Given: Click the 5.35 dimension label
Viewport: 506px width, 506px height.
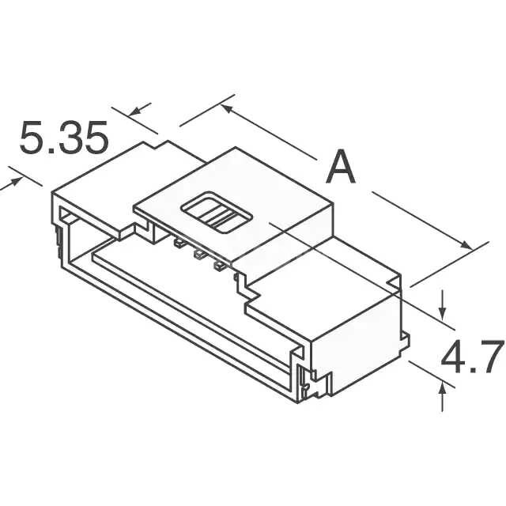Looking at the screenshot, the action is (63, 137).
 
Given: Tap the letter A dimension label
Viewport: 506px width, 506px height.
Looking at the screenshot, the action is (341, 168).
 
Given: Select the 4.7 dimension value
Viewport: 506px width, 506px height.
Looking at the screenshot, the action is (472, 357).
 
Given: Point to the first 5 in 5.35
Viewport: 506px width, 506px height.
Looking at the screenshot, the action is (32, 137).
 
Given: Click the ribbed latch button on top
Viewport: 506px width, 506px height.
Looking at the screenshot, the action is (217, 213).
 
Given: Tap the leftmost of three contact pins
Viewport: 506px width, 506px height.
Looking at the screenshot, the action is (179, 243).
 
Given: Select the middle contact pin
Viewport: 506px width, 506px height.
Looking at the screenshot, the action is (198, 254).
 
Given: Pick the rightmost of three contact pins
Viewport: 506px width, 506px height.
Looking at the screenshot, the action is (219, 266).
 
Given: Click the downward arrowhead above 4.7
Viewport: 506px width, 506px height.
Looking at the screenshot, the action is (443, 313).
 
